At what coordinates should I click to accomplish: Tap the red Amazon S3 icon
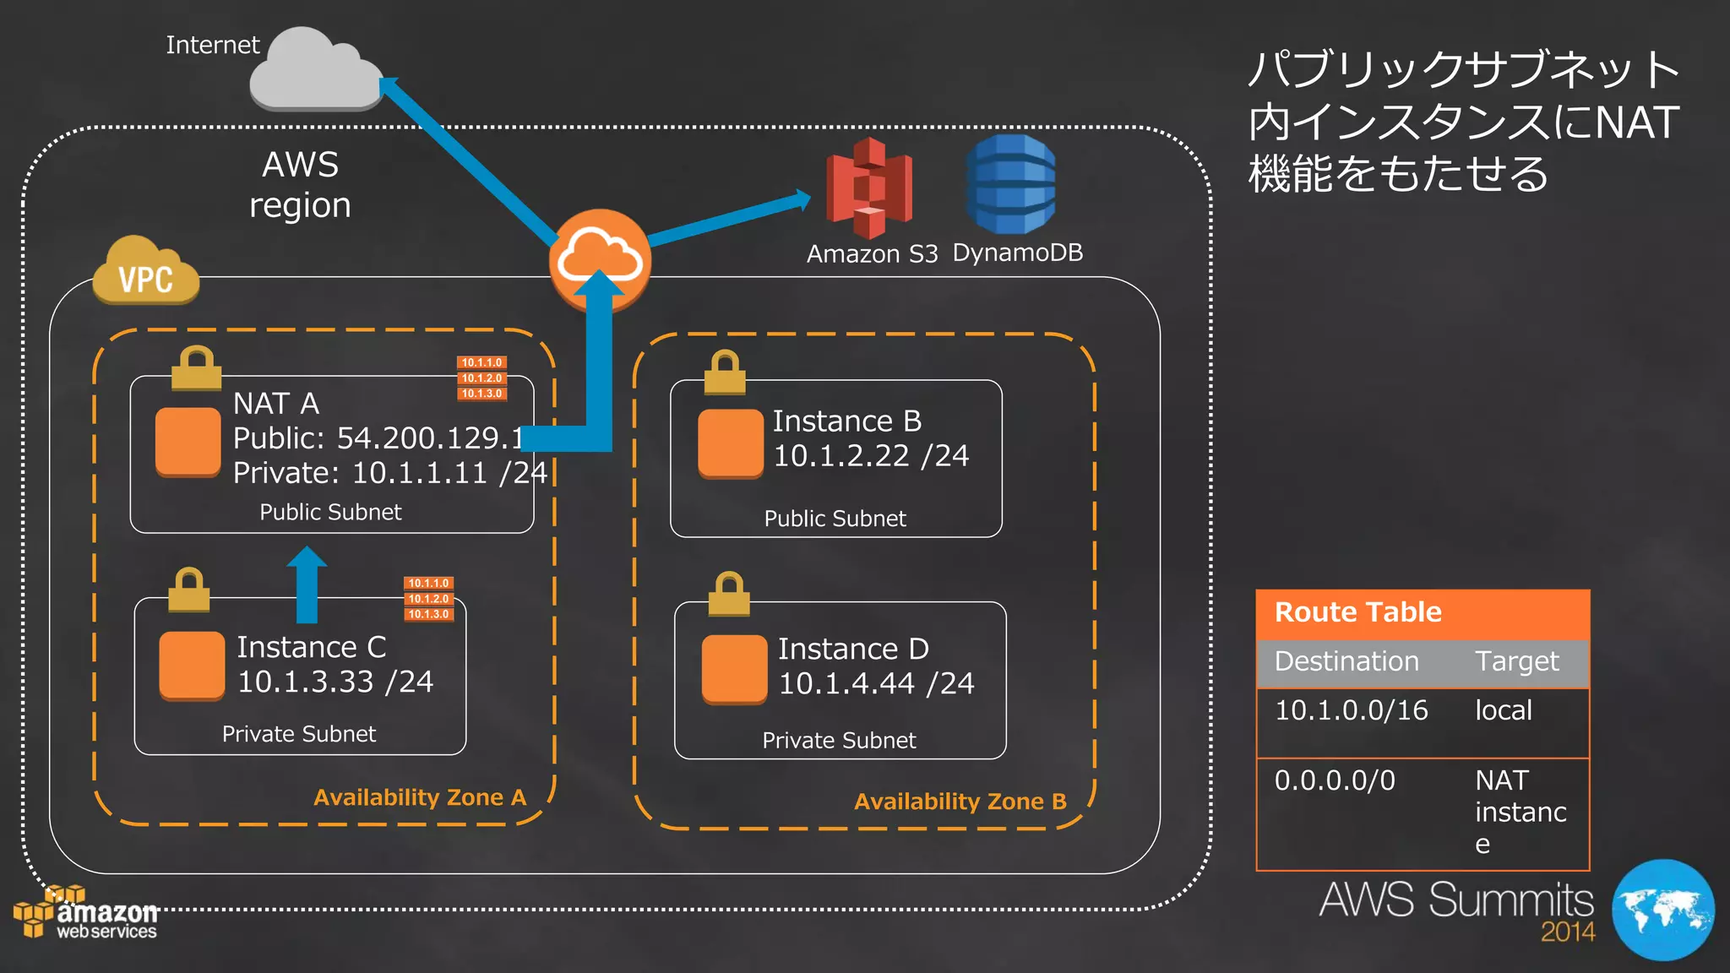coord(868,188)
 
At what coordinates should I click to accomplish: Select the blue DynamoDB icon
coord(1010,184)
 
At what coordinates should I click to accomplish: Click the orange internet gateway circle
coord(600,258)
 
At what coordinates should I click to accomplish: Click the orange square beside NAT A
coord(188,442)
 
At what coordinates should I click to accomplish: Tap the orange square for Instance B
coord(730,443)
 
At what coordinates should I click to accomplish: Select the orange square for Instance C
coord(192,666)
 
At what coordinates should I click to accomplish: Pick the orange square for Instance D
coord(734,669)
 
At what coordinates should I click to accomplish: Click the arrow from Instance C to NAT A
coord(307,584)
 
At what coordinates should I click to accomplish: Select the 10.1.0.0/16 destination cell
coord(1351,710)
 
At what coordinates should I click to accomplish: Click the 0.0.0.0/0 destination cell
coord(1335,780)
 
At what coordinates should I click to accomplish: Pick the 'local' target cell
coord(1503,710)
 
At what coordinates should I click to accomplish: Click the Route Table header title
coord(1357,612)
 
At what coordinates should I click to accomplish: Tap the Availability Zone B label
coord(960,802)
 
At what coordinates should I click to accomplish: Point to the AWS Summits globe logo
coord(1662,910)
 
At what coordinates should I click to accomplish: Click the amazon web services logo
coord(86,914)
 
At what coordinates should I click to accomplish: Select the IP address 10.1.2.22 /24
coord(871,456)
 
